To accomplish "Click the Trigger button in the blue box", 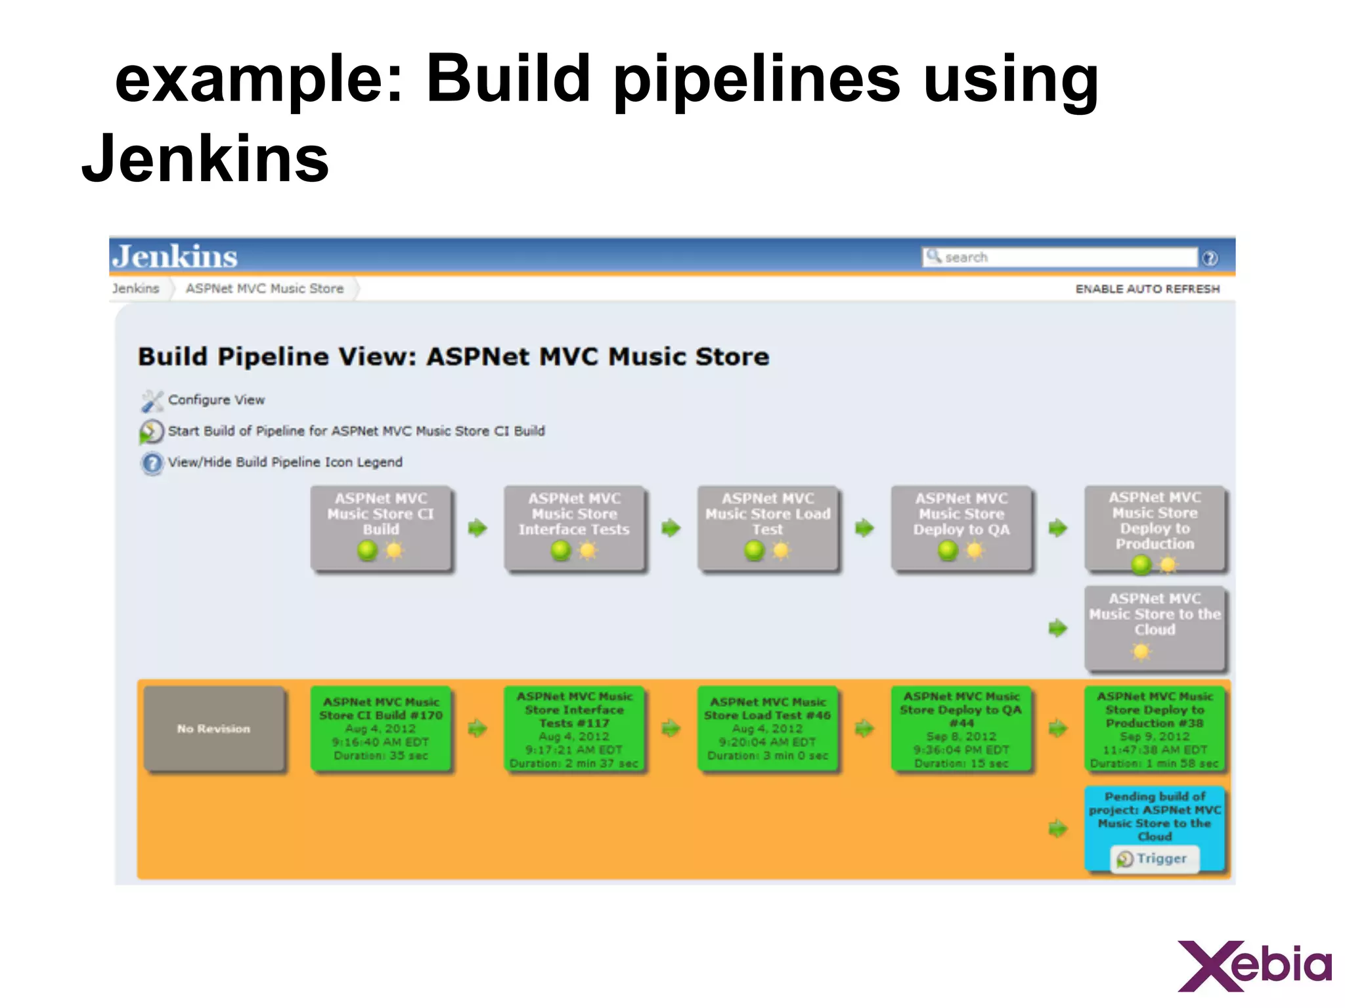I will pos(1155,858).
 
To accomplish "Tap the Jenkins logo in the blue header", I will pos(175,257).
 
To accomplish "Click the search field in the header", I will pos(1060,257).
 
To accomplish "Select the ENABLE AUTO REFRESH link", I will pos(1147,289).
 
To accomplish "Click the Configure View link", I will pos(216,400).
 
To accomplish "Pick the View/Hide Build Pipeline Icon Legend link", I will pos(285,462).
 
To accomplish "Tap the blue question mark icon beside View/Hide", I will pos(152,463).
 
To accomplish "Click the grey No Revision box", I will pos(214,728).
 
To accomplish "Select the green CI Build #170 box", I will pos(381,728).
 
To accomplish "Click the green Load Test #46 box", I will pos(767,728).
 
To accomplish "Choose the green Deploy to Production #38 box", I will pos(1155,728).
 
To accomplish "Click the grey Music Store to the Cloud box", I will pos(1155,627).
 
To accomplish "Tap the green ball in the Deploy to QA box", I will pos(948,550).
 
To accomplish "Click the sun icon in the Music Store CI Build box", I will pos(394,550).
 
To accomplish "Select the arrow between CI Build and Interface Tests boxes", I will pos(477,528).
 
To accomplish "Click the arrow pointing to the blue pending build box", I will pos(1057,828).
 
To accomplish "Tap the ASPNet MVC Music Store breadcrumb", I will pos(264,289).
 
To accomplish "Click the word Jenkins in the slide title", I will pos(205,159).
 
